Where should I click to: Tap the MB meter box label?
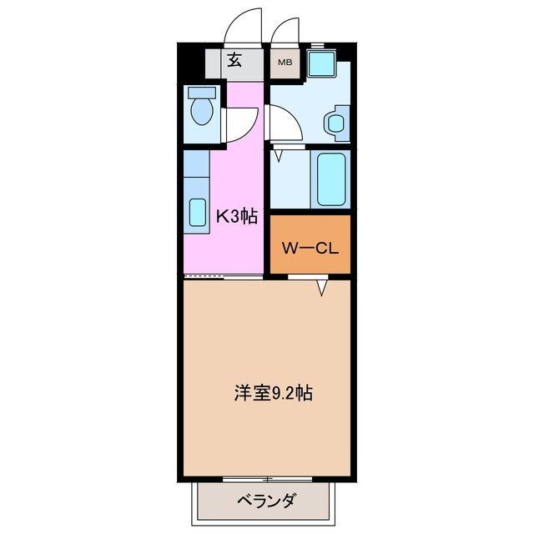click(285, 62)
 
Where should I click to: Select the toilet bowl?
click(201, 108)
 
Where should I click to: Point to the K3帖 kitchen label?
click(236, 217)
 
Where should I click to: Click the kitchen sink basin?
click(197, 212)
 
